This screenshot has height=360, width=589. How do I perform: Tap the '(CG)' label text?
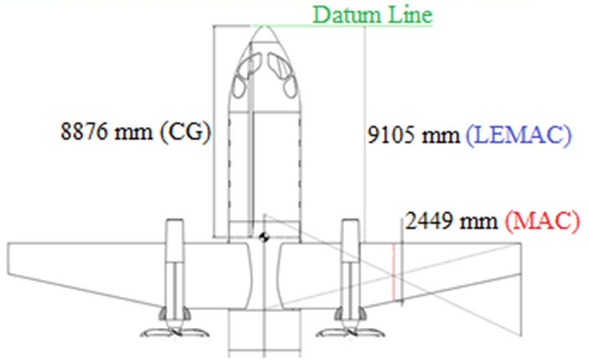(x=186, y=132)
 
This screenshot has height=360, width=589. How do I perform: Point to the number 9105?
(x=392, y=135)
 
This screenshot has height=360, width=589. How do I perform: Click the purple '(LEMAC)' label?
(x=519, y=135)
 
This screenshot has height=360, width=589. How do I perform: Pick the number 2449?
(x=429, y=221)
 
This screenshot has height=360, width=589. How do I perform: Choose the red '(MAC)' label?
(x=542, y=222)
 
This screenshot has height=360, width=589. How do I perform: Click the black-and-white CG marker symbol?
(x=264, y=237)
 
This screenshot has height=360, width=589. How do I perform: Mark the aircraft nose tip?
(x=264, y=26)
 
